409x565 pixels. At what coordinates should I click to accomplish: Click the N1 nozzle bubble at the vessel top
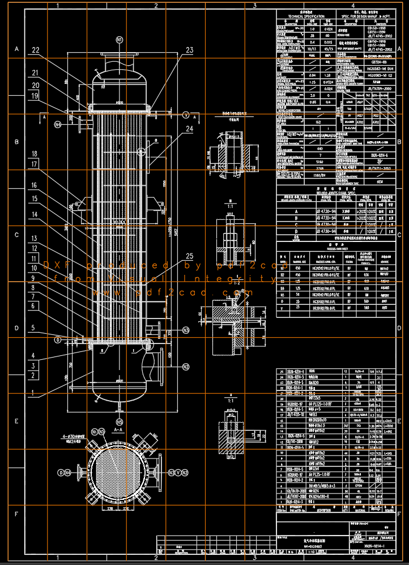point(119,40)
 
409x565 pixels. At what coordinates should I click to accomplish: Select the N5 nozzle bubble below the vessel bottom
point(119,422)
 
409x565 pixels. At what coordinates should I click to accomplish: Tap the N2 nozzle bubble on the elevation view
point(186,367)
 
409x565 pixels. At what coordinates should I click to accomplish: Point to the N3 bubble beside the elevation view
point(186,330)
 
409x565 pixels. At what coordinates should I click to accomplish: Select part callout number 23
point(189,49)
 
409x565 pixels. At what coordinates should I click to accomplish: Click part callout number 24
point(189,129)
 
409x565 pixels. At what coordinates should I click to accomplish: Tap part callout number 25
point(189,255)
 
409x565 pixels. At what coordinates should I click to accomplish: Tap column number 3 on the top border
point(254,6)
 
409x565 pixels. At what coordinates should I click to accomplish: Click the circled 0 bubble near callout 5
point(58,339)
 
